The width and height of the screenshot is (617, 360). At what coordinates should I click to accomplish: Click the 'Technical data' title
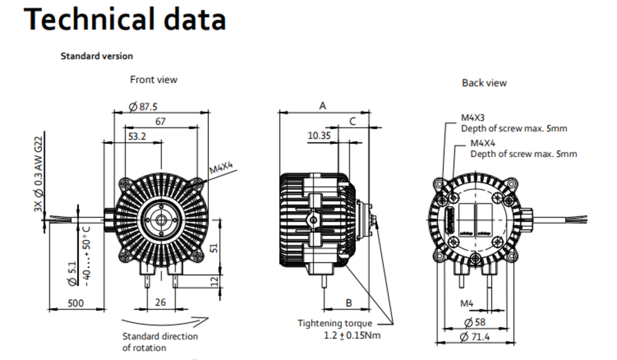click(125, 20)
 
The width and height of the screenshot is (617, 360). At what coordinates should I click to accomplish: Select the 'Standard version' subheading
click(97, 56)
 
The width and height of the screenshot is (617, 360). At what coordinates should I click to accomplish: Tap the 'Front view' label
click(154, 80)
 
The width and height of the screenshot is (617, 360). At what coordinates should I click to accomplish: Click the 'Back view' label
click(484, 83)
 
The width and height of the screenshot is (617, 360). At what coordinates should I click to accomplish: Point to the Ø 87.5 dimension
click(143, 106)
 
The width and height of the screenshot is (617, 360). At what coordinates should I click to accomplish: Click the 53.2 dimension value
click(137, 136)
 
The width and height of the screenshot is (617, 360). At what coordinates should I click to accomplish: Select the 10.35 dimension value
click(319, 136)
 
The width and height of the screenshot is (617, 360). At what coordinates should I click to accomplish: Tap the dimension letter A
click(322, 106)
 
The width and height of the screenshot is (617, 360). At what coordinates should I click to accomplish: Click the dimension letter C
click(352, 121)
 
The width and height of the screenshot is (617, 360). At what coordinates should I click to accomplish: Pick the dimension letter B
click(348, 302)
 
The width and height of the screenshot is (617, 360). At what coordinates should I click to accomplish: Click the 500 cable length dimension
click(76, 302)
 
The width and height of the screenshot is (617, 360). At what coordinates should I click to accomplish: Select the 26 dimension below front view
click(160, 302)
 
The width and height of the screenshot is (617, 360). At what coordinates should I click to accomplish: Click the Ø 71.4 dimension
click(478, 337)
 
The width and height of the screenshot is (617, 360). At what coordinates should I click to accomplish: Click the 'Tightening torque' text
click(335, 323)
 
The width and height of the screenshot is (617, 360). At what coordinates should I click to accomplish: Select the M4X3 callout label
click(473, 118)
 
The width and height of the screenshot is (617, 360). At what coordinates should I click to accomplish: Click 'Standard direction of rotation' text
click(160, 341)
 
